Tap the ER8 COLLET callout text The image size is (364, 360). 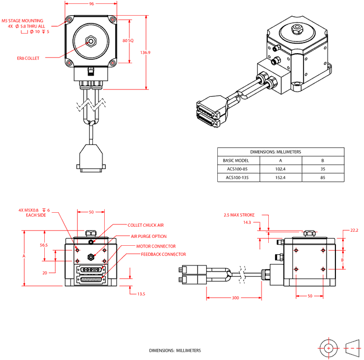pyautogui.click(x=28, y=57)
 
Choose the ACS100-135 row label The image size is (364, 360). pyautogui.click(x=237, y=178)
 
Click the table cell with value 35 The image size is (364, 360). pyautogui.click(x=323, y=169)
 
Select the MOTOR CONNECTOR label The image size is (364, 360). pyautogui.click(x=156, y=246)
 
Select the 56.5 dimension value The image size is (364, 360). pyautogui.click(x=43, y=245)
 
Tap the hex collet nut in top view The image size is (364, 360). pyautogui.click(x=90, y=41)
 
